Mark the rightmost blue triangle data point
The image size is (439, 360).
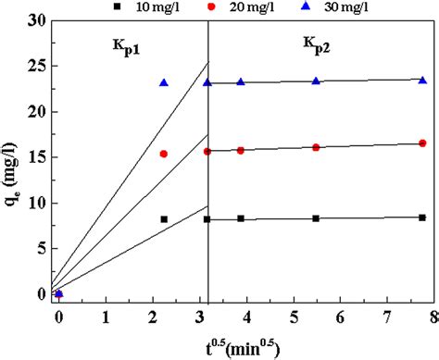tap(422, 81)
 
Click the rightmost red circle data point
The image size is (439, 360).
tap(422, 143)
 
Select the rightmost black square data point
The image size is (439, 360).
tap(422, 217)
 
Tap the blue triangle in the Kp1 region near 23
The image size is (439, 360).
tap(164, 82)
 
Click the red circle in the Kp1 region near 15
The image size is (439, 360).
tap(164, 154)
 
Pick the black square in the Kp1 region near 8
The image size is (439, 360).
tap(164, 219)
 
